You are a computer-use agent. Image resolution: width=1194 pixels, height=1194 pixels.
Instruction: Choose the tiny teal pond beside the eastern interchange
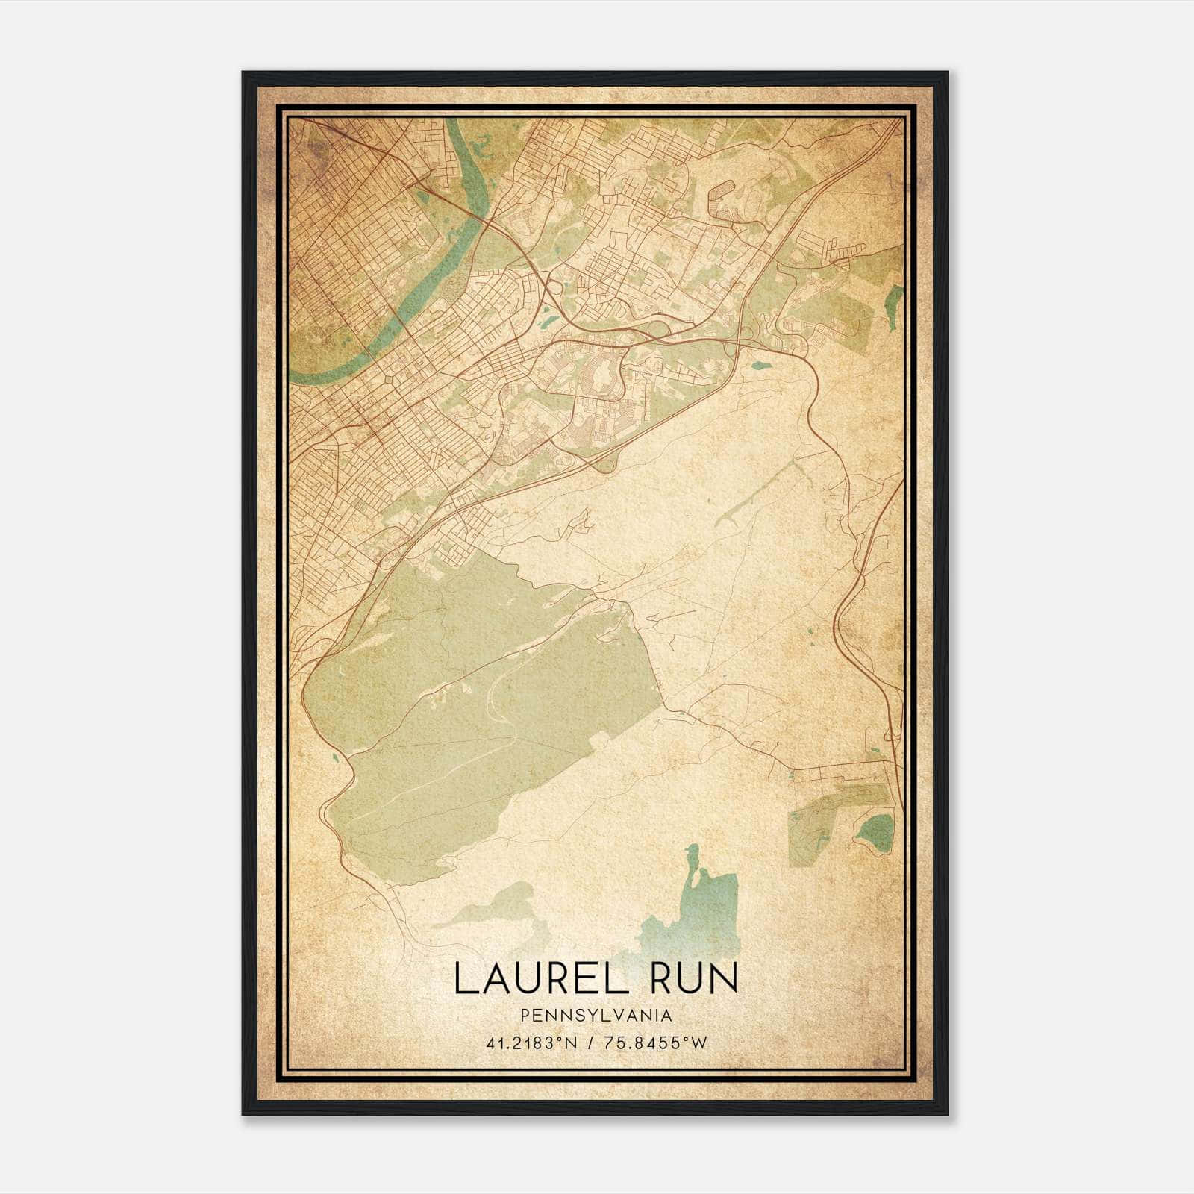pyautogui.click(x=760, y=366)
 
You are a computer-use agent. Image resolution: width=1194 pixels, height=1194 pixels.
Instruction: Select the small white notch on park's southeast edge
pyautogui.click(x=599, y=741)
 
